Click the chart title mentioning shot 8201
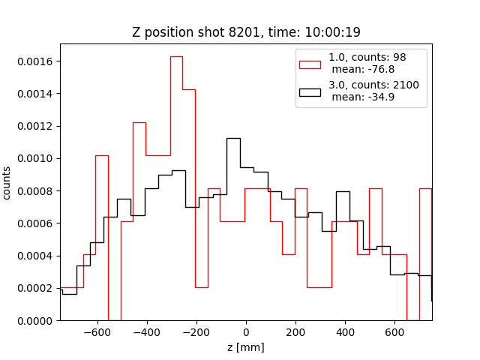(x=245, y=32)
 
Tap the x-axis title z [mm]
(x=246, y=347)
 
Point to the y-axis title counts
(x=7, y=182)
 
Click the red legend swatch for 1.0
(x=310, y=64)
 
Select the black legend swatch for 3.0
(x=310, y=91)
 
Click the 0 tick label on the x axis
(x=246, y=332)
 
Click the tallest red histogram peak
(x=176, y=57)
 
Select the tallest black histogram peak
(x=233, y=139)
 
